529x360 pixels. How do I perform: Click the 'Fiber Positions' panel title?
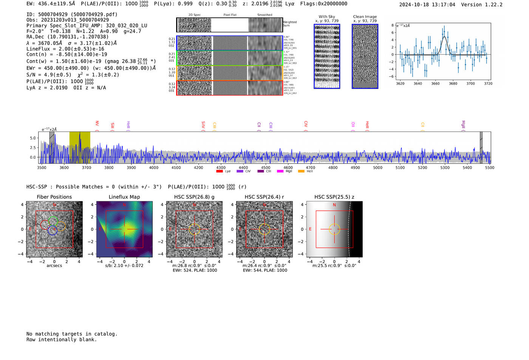pos(54,197)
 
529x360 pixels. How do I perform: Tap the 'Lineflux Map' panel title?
pos(124,197)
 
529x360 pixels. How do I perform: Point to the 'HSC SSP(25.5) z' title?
pos(334,197)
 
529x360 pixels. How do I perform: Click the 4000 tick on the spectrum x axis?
pos(153,168)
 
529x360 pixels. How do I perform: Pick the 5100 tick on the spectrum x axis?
pos(400,168)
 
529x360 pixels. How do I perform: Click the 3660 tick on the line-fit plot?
pos(435,83)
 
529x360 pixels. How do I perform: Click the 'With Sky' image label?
pos(326,17)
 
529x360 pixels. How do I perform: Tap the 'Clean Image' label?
pos(365,17)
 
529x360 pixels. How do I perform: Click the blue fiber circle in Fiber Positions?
pos(52,230)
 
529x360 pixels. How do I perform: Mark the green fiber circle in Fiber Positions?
pos(53,221)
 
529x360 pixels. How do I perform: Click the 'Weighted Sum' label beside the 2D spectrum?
pos(289,24)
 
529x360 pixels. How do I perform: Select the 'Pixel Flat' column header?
pos(230,15)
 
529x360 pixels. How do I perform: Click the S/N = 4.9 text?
pos(49,75)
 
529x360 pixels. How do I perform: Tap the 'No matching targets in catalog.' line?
pos(72,334)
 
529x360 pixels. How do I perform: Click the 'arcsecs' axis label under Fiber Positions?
pos(54,266)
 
